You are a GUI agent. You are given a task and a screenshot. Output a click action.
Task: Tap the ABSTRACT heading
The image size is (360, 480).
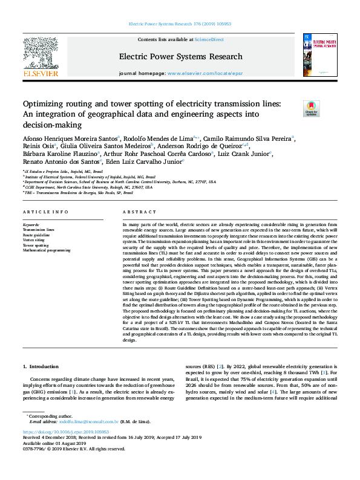[136, 212]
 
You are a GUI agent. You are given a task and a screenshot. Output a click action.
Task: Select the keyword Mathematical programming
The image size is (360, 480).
[46, 250]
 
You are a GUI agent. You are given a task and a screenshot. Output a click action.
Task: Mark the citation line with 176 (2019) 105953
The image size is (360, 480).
[180, 25]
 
